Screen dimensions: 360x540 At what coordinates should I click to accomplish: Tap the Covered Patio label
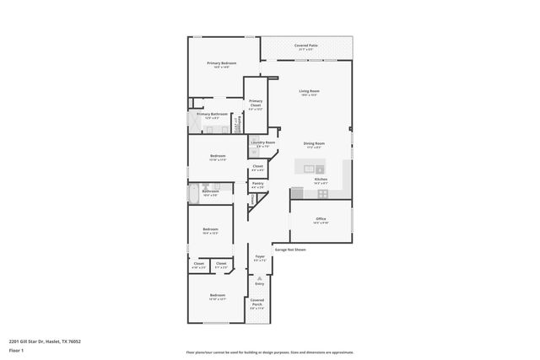[x=305, y=46]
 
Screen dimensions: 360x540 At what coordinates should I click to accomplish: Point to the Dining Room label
[x=314, y=144]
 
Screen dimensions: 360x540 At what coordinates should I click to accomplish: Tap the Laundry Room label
[x=261, y=143]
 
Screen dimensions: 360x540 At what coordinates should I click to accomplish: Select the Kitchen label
[x=321, y=180]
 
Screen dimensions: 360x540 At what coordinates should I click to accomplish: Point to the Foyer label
[x=259, y=257]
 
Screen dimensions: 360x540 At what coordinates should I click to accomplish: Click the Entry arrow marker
[x=259, y=275]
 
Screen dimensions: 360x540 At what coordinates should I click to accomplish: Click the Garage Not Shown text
[x=289, y=250]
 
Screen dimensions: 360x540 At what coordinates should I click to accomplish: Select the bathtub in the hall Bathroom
[x=192, y=196]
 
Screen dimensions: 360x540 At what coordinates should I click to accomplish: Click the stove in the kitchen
[x=322, y=193]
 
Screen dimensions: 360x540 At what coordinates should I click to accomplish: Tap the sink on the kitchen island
[x=309, y=169]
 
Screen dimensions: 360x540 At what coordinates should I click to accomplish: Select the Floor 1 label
[x=16, y=350]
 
